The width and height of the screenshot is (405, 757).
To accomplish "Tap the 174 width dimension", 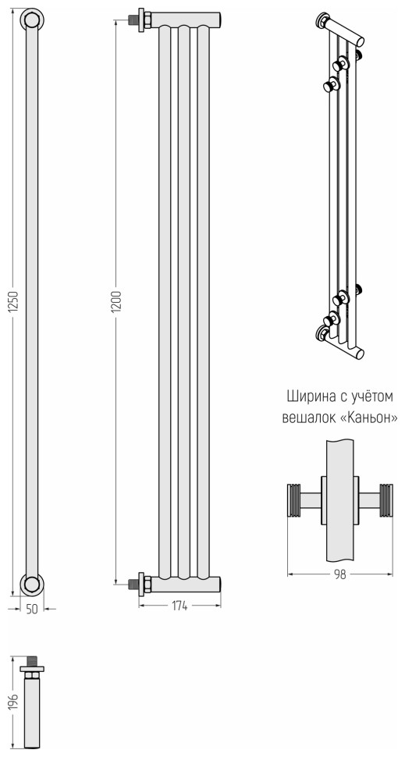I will (x=180, y=606).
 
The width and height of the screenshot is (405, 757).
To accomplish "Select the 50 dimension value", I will (x=32, y=610).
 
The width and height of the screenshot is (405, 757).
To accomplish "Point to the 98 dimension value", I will (x=340, y=574).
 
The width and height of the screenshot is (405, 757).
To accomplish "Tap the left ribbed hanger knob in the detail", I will (x=294, y=499).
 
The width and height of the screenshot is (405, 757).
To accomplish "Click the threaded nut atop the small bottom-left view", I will (x=33, y=663).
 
